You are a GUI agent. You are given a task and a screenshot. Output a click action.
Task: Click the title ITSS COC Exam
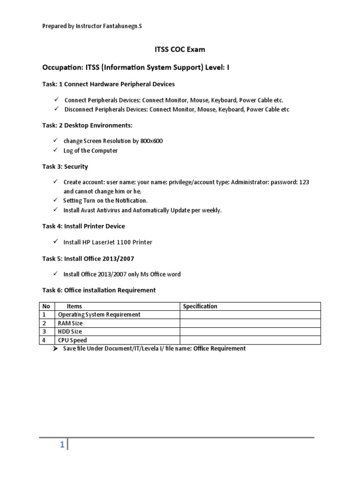click(180, 49)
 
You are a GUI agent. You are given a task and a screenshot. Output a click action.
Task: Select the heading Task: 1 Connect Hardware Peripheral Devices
click(109, 84)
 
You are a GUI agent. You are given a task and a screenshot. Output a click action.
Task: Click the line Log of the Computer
click(90, 150)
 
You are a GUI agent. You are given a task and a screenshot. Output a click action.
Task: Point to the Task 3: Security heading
click(65, 166)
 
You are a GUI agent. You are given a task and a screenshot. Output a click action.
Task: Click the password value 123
click(304, 182)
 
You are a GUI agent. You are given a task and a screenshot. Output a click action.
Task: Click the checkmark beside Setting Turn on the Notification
click(55, 200)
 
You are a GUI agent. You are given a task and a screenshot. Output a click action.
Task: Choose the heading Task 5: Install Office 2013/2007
click(91, 258)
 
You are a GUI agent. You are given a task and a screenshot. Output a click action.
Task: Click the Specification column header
click(200, 307)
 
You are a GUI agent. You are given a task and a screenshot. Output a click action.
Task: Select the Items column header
click(74, 307)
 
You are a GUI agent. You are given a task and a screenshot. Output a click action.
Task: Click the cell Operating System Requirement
click(99, 315)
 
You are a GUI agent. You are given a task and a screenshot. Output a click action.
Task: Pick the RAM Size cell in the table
click(70, 323)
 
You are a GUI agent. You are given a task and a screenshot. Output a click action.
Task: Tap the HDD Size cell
click(70, 332)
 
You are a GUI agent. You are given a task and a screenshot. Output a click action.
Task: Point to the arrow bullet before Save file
click(55, 349)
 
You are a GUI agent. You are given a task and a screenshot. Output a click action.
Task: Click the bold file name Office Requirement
click(219, 349)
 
